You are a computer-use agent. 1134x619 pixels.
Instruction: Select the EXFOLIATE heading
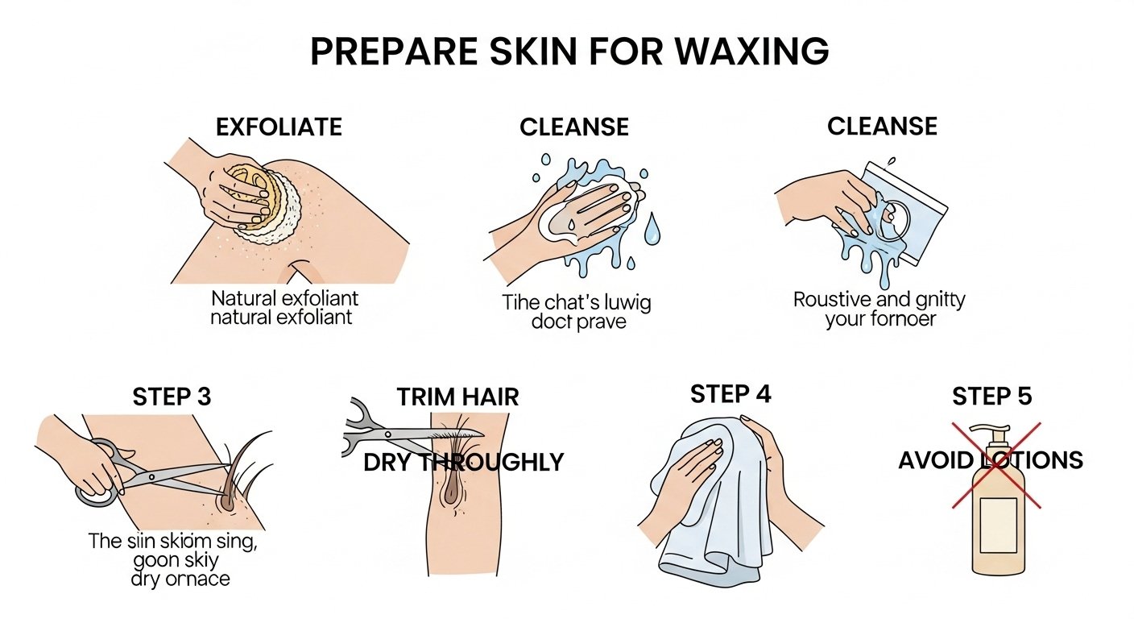tap(279, 127)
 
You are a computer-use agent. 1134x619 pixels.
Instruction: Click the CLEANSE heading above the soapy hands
tap(573, 127)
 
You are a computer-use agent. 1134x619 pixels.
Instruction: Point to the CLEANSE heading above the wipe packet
tap(882, 126)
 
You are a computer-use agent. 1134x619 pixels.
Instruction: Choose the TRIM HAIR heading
tap(457, 397)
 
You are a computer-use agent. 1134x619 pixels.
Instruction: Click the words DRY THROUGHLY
tap(463, 462)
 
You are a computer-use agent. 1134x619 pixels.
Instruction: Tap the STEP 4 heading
tap(730, 394)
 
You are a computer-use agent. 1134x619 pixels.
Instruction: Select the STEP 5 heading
tap(991, 397)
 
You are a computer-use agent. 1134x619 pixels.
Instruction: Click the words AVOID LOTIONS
tap(991, 460)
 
